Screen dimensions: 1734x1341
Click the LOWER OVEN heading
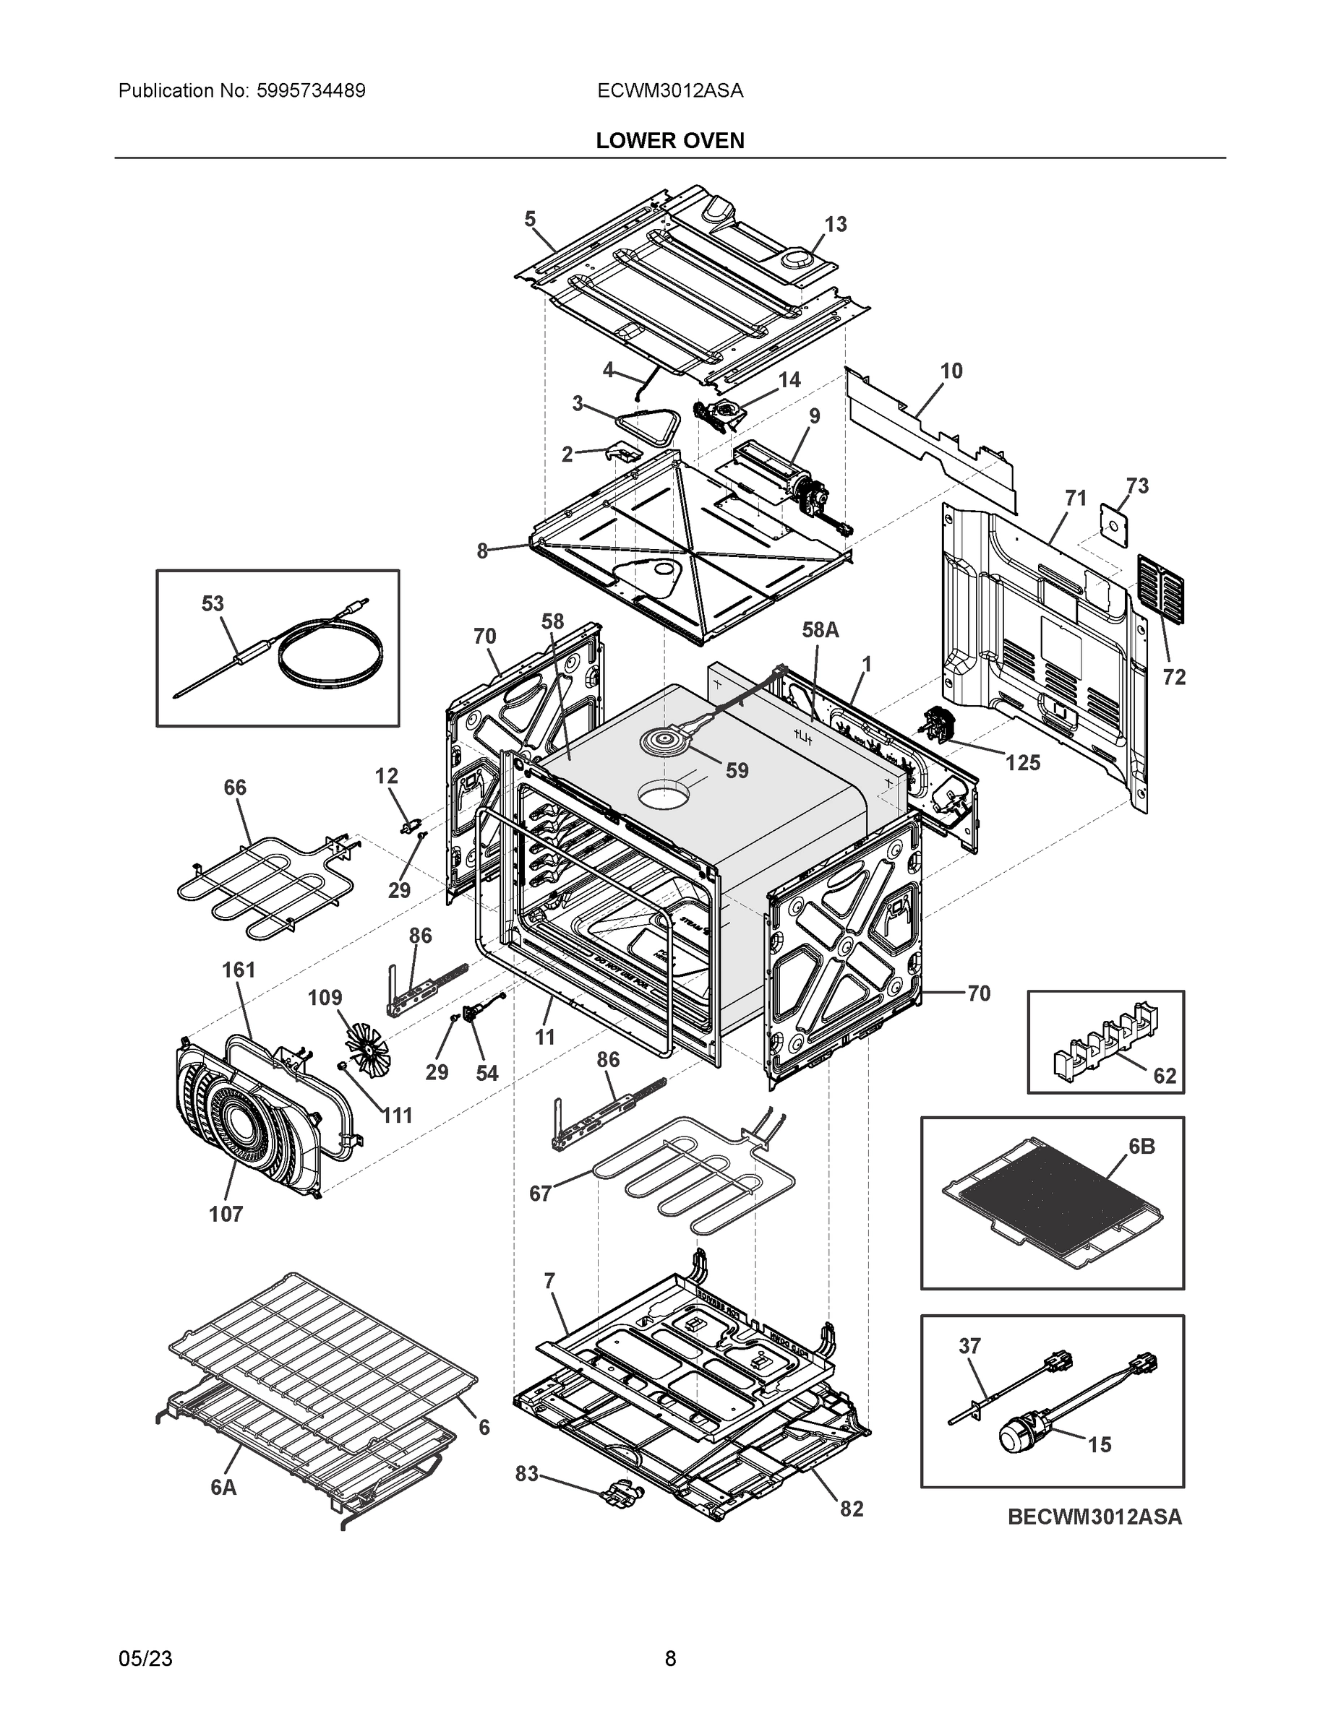coord(669,141)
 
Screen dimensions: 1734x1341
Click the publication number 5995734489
coord(311,90)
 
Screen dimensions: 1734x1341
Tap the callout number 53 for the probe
coord(212,603)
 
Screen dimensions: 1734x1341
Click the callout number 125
coord(1022,762)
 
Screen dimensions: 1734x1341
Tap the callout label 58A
coord(821,629)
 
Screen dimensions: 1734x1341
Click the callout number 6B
coord(1141,1146)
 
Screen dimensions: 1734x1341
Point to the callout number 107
coord(226,1214)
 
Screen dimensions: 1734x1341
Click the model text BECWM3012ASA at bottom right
coord(1094,1517)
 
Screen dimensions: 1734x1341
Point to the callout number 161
coord(239,970)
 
